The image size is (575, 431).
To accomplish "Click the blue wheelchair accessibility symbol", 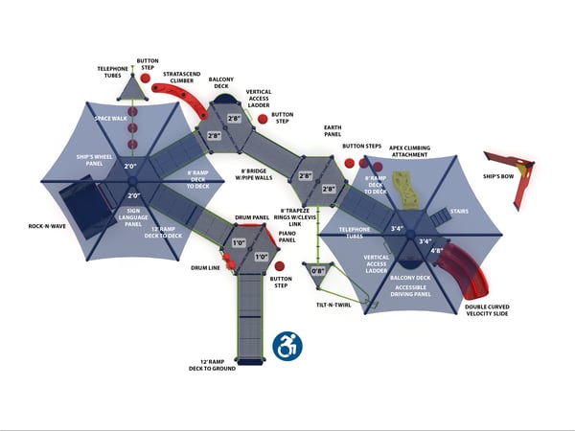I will tap(285, 346).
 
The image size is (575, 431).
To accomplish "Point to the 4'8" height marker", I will tap(437, 251).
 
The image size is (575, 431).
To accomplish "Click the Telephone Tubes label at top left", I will tap(113, 72).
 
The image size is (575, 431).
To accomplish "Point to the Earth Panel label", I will tap(334, 132).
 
